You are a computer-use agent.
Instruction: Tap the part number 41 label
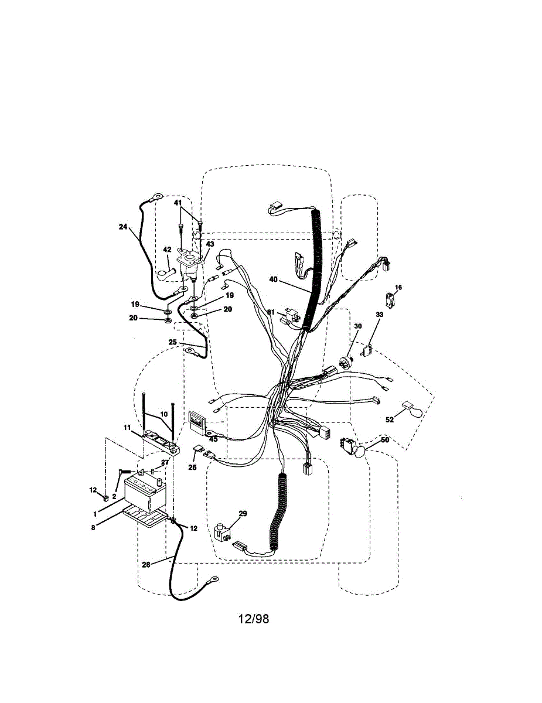pos(178,202)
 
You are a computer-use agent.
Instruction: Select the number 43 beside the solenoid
pos(210,244)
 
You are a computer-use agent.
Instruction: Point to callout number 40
pos(274,280)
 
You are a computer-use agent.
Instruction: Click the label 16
pos(398,288)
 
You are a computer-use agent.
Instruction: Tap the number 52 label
pos(390,419)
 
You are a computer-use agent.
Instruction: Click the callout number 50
pos(385,439)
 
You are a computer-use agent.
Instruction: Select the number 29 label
pos(243,513)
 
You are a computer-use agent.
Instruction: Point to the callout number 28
pos(146,564)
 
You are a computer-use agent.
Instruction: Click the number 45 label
pos(213,439)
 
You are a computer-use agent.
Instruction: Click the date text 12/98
pos(254,619)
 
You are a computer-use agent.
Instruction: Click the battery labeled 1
pos(144,493)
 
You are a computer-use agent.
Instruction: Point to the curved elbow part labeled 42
pos(166,273)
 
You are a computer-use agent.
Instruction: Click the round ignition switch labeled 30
pos(344,361)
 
